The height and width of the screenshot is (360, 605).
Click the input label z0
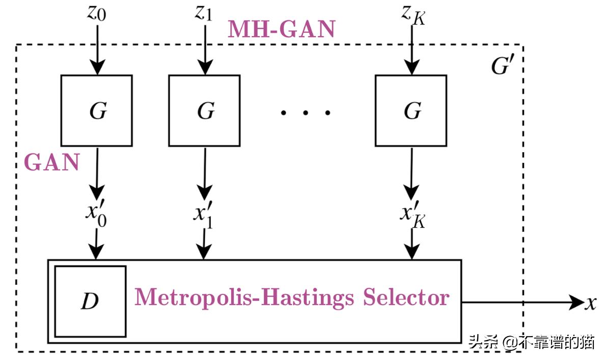pyautogui.click(x=97, y=13)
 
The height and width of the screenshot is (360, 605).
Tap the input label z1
pyautogui.click(x=203, y=13)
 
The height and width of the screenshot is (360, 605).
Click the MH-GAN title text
pyautogui.click(x=281, y=29)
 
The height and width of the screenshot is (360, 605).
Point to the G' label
pyautogui.click(x=500, y=65)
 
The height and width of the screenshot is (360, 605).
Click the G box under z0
pyautogui.click(x=97, y=110)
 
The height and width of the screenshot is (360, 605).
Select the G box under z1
pyautogui.click(x=205, y=110)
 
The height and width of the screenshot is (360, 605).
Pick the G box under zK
pyautogui.click(x=411, y=110)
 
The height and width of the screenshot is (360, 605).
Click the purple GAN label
pyautogui.click(x=52, y=163)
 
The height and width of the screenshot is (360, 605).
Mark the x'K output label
pyautogui.click(x=412, y=214)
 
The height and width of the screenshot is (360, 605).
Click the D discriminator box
pyautogui.click(x=90, y=301)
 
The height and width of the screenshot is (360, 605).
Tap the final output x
pyautogui.click(x=590, y=303)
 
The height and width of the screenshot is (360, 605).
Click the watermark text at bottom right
pyautogui.click(x=531, y=342)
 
